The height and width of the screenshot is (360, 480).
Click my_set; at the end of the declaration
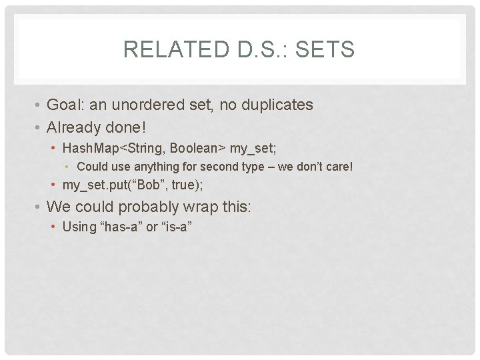tap(253, 147)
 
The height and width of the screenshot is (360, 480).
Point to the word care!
tap(338, 167)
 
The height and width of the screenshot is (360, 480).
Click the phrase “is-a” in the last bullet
tap(177, 227)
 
